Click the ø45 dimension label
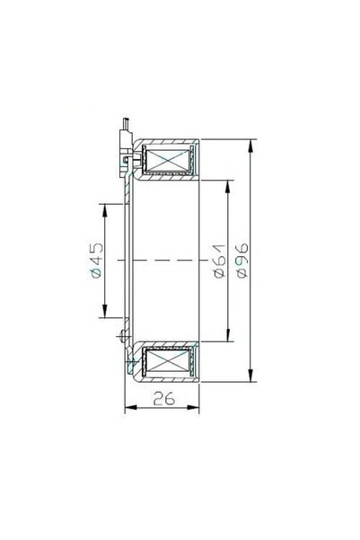pyautogui.click(x=97, y=261)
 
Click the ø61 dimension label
pyautogui.click(x=220, y=261)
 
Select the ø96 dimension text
pyautogui.click(x=242, y=261)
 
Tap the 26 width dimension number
pyautogui.click(x=164, y=398)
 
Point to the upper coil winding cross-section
pyautogui.click(x=168, y=159)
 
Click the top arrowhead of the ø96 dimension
pyautogui.click(x=250, y=146)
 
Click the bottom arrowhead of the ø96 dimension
pyautogui.click(x=250, y=376)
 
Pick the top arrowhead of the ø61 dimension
pyautogui.click(x=227, y=186)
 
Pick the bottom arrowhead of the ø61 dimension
pyautogui.click(x=227, y=335)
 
